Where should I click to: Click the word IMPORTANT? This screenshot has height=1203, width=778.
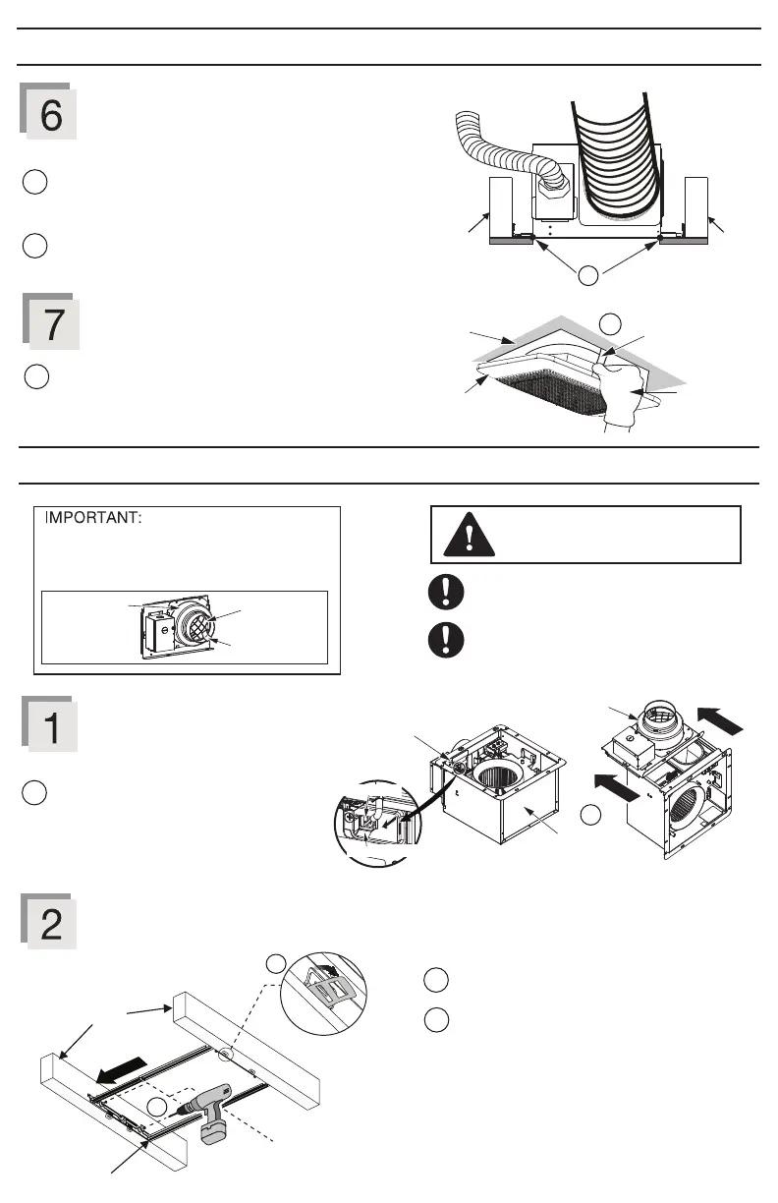(93, 519)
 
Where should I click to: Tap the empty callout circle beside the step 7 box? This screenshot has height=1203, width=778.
(32, 376)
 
